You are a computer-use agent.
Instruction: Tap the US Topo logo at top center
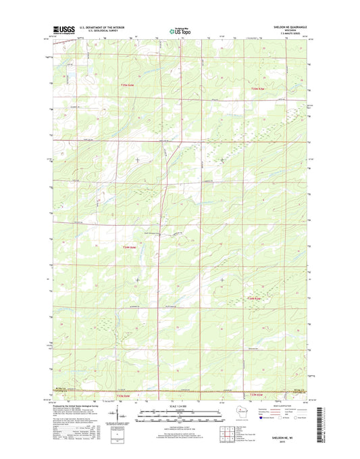180,30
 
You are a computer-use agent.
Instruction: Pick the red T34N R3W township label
254,298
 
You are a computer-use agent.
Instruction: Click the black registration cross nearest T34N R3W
223,279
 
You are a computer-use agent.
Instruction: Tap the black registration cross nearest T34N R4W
138,279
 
